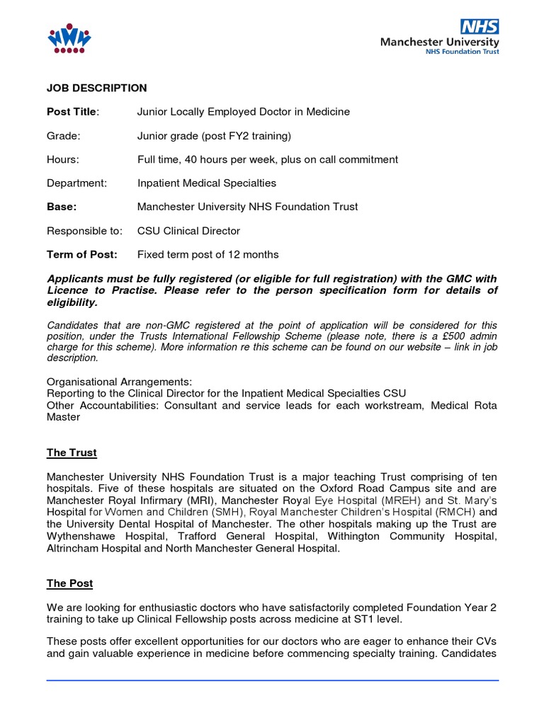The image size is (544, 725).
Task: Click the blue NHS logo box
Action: pos(480,27)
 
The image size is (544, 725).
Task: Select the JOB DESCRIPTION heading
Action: pos(97,88)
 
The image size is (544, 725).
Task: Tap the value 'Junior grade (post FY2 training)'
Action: pos(214,135)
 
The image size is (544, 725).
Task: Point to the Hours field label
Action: pos(63,159)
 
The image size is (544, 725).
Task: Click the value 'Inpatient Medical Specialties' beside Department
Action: pos(207,183)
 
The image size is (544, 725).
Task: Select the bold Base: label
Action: pos(62,207)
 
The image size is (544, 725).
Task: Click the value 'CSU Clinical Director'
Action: pos(188,231)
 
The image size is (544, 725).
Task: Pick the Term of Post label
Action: pos(82,254)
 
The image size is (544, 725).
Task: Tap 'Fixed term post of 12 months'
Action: pos(208,254)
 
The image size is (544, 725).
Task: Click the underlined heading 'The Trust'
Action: pos(72,452)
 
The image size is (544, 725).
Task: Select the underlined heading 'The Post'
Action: pos(69,583)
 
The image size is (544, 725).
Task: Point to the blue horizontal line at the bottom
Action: pos(272,680)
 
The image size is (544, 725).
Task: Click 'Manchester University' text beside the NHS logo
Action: pos(439,42)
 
